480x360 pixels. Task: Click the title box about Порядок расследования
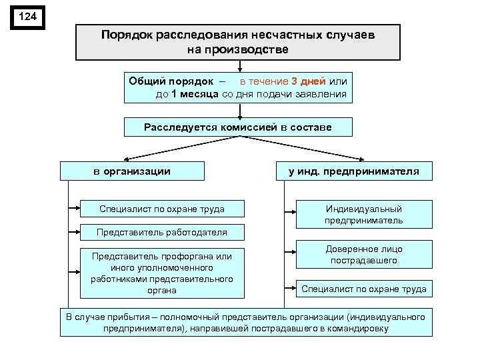[238, 42]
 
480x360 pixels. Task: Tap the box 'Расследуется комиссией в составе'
[238, 127]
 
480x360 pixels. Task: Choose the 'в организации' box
[131, 171]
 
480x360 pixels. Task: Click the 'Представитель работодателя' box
[161, 232]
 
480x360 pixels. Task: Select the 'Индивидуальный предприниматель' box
[364, 214]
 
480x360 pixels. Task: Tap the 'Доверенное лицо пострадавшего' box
[364, 255]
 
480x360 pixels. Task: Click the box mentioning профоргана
[161, 272]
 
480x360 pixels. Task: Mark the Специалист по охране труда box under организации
[161, 209]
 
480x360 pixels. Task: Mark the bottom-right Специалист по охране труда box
[364, 289]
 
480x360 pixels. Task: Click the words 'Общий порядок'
[162, 81]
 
